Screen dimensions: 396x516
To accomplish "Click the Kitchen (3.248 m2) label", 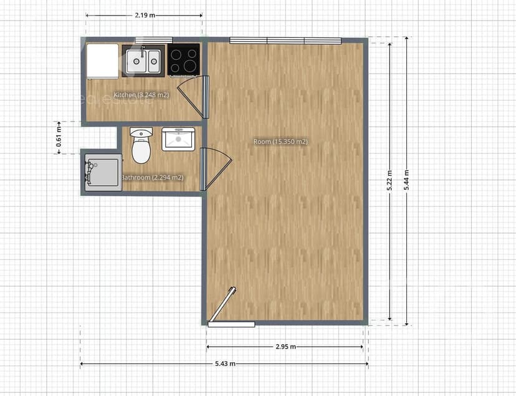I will pyautogui.click(x=141, y=95).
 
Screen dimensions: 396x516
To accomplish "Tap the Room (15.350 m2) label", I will pyautogui.click(x=280, y=142).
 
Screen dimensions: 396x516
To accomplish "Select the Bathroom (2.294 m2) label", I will pyautogui.click(x=152, y=178).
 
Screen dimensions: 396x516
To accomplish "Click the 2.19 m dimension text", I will pyautogui.click(x=144, y=14).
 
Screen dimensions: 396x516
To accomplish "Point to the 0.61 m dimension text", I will pyautogui.click(x=59, y=138).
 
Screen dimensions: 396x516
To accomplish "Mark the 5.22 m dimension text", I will pyautogui.click(x=390, y=181).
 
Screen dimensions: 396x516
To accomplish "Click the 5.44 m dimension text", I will pyautogui.click(x=407, y=181).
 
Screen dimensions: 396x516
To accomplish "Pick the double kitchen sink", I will pyautogui.click(x=144, y=61).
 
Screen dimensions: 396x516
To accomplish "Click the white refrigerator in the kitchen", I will pyautogui.click(x=102, y=60).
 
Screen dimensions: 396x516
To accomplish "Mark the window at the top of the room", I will pyautogui.click(x=285, y=41).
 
